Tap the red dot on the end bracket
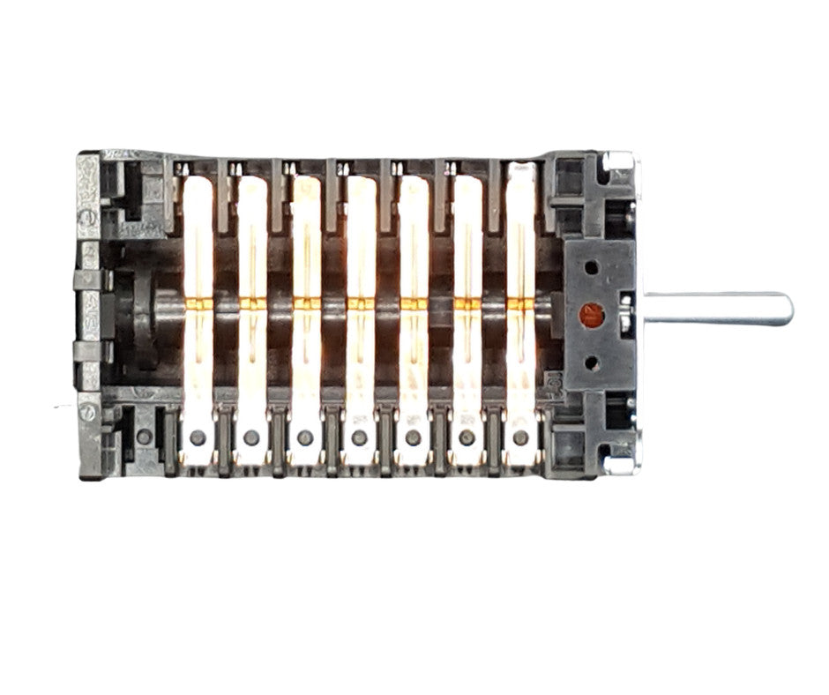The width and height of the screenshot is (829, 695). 591,311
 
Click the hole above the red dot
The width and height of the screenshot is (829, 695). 591,265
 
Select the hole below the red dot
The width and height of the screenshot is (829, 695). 591,361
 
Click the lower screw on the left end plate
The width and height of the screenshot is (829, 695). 89,412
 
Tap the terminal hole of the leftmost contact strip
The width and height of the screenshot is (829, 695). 198,437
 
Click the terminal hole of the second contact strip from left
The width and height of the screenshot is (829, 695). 251,437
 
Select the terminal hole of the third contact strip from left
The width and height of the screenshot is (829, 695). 305,437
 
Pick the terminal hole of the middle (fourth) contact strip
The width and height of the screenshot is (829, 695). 359,437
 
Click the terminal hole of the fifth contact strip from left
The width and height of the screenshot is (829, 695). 413,437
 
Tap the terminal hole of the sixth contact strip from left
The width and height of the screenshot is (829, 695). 467,437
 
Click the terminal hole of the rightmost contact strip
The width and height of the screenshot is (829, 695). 520,437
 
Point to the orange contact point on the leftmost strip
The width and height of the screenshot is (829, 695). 198,303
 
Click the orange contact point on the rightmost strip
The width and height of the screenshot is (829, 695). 520,303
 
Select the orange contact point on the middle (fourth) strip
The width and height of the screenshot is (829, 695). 359,303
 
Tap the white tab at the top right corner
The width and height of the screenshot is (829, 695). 620,161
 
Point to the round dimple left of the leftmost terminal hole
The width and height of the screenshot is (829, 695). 144,437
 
